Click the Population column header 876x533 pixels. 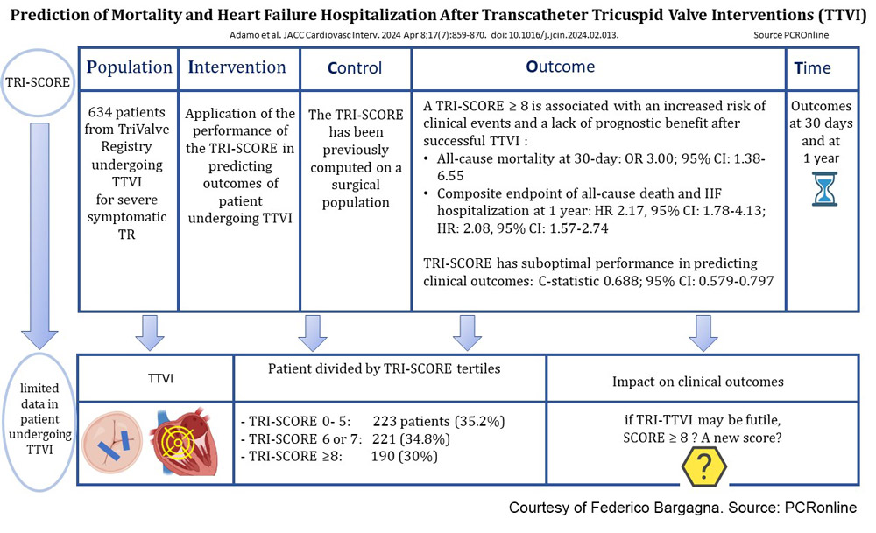pyautogui.click(x=129, y=67)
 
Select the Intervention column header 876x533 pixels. pyautogui.click(x=237, y=67)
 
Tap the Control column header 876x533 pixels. pyautogui.click(x=354, y=67)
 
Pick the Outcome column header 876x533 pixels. pyautogui.click(x=560, y=67)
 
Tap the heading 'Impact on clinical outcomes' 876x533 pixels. pyautogui.click(x=698, y=382)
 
